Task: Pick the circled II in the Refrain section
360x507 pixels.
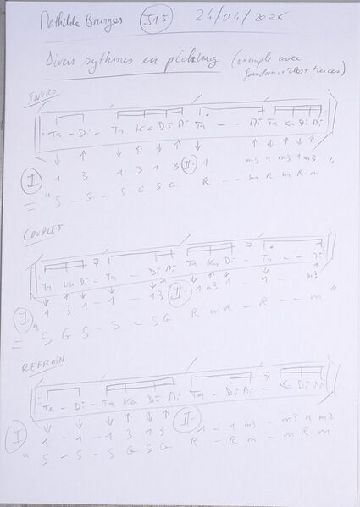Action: point(180,421)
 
